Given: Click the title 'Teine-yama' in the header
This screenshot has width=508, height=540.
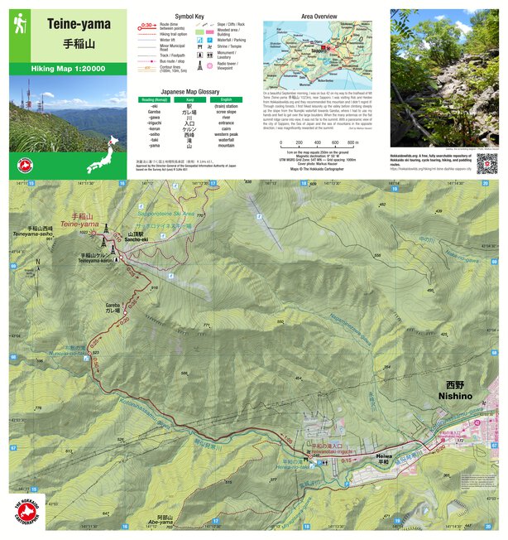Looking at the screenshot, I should pyautogui.click(x=79, y=25).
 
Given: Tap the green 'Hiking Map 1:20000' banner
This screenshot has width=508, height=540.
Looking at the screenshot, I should pyautogui.click(x=69, y=69).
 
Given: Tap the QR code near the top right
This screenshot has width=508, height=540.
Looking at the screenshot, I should pyautogui.click(x=485, y=163).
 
